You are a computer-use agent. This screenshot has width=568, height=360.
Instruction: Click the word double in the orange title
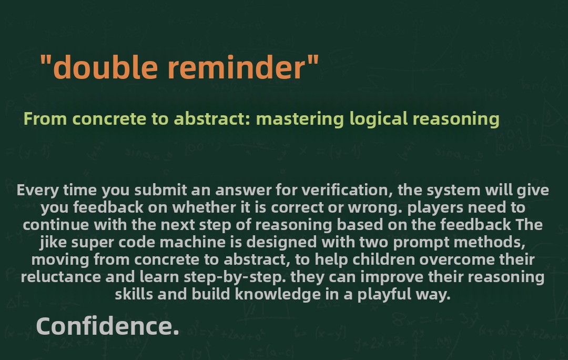click(x=105, y=67)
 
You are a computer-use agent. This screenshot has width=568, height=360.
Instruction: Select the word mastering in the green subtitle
click(x=300, y=119)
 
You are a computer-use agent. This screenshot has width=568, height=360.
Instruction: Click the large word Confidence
click(x=108, y=326)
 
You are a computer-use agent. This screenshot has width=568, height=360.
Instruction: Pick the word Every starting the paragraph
click(x=38, y=191)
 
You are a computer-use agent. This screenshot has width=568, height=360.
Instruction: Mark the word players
click(x=435, y=208)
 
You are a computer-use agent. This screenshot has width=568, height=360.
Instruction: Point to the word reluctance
click(x=61, y=277)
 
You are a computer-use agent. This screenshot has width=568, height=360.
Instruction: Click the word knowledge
click(x=278, y=294)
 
